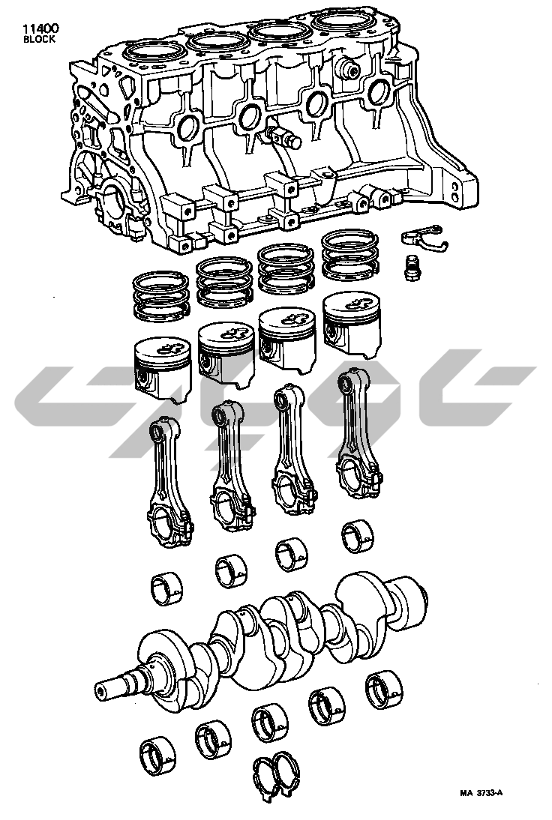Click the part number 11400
(x=40, y=28)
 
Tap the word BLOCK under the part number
(x=39, y=39)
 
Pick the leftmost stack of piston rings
(x=160, y=296)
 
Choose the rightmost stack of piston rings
(x=350, y=255)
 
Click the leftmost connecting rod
(x=169, y=481)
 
